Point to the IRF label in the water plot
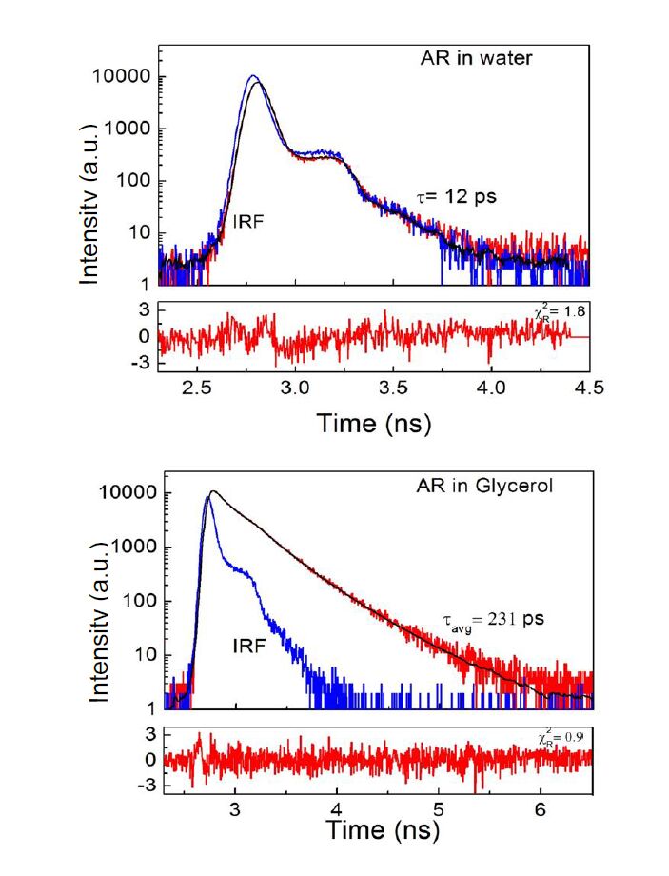click(249, 221)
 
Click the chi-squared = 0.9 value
click(550, 738)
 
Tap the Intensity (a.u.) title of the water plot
click(90, 179)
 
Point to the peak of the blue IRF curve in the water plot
click(253, 76)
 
